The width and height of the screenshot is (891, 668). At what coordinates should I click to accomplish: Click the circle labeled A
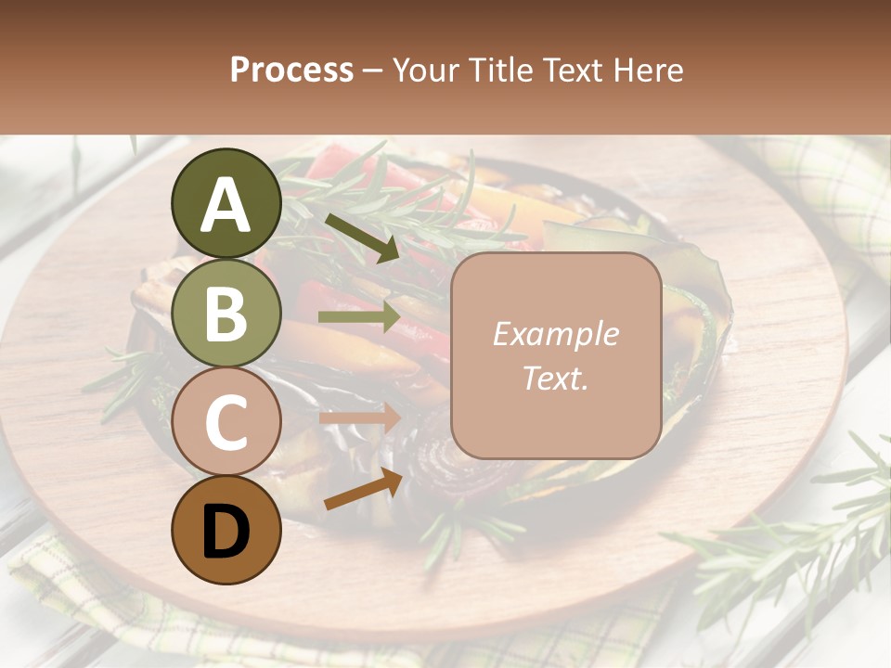tap(226, 203)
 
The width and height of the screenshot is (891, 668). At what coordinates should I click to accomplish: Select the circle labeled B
tap(226, 313)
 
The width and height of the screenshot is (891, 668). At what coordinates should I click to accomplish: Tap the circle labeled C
tap(226, 422)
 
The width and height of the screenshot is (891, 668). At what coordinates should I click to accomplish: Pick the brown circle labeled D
tap(226, 531)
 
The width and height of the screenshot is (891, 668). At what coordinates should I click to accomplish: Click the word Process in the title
tap(291, 70)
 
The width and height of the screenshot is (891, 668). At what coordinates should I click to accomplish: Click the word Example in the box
tap(555, 334)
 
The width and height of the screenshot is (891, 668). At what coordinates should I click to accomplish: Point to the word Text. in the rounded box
tap(555, 378)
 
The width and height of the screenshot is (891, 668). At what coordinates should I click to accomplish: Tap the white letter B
tap(226, 314)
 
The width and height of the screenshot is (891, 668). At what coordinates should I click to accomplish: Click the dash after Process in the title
tap(372, 71)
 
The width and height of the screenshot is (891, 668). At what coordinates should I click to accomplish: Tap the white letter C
tap(226, 423)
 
